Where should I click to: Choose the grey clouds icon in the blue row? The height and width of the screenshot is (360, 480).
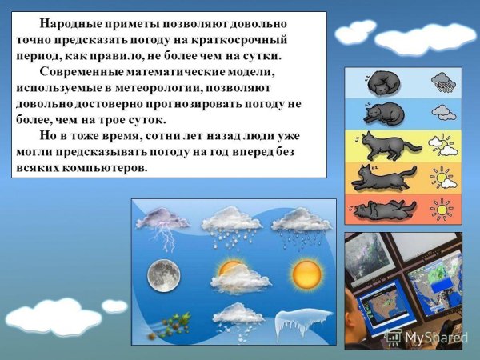[x=442, y=113]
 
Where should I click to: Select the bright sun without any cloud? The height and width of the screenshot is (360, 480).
[x=306, y=274]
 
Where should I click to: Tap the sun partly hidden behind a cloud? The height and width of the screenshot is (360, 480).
[x=231, y=271]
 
